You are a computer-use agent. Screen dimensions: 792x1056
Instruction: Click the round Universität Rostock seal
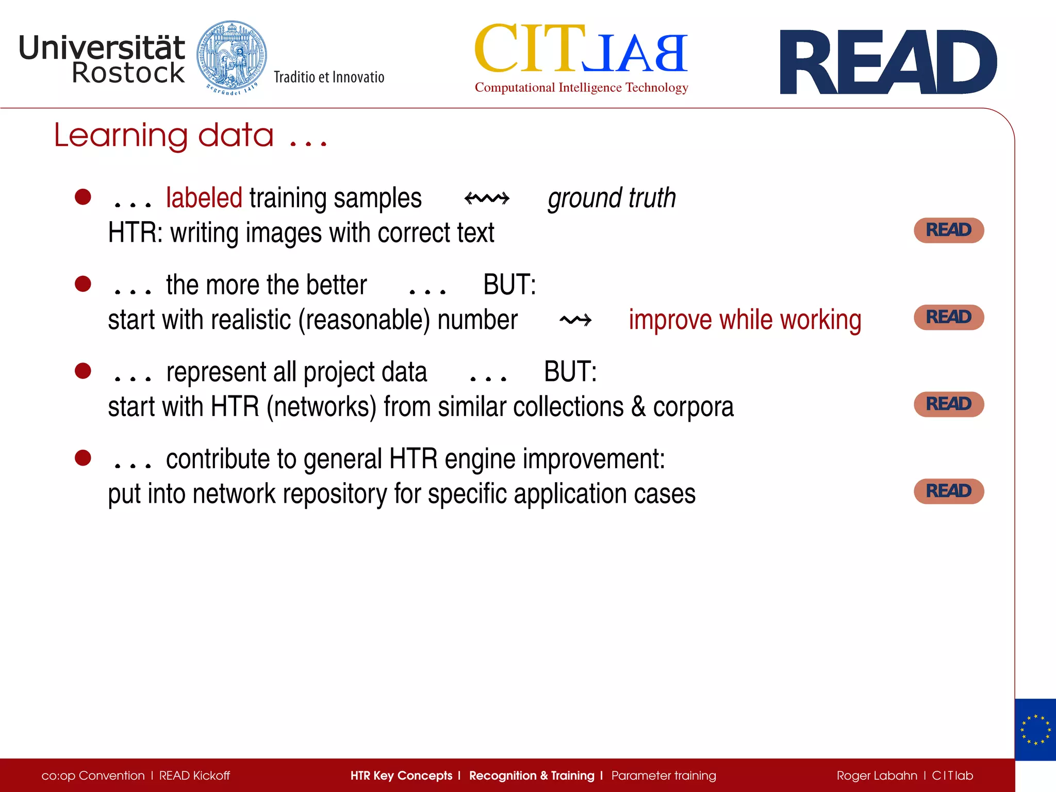click(x=232, y=56)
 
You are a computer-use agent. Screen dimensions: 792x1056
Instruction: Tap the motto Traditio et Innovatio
click(x=329, y=77)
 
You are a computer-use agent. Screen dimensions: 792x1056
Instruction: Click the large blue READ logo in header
click(x=888, y=62)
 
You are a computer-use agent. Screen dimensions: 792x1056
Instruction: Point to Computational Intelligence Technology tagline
click(x=581, y=88)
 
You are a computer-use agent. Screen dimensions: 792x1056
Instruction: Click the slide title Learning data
click(x=190, y=136)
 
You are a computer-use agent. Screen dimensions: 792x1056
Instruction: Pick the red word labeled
click(x=204, y=199)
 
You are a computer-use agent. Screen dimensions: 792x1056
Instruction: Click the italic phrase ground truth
click(x=612, y=199)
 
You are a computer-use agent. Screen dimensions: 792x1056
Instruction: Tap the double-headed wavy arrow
click(x=487, y=199)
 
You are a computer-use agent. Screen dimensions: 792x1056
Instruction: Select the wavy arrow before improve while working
click(x=575, y=320)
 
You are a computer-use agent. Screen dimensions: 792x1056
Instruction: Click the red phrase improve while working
click(x=745, y=320)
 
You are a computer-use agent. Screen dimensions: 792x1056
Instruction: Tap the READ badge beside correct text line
click(x=949, y=230)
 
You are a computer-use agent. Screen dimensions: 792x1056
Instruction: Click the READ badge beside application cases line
click(x=949, y=491)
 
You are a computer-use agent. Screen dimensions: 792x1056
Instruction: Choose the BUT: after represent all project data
click(x=570, y=372)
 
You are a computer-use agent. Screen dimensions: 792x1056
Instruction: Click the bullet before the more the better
click(x=83, y=284)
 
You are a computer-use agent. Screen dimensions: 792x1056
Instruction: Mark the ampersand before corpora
click(x=638, y=407)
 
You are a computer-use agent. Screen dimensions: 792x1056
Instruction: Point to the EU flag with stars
click(x=1035, y=730)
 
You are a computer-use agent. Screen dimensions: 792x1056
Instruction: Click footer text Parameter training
click(x=664, y=775)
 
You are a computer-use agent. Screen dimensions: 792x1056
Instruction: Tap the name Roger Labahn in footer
click(x=877, y=775)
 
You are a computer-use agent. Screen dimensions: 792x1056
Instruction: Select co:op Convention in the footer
click(x=93, y=775)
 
